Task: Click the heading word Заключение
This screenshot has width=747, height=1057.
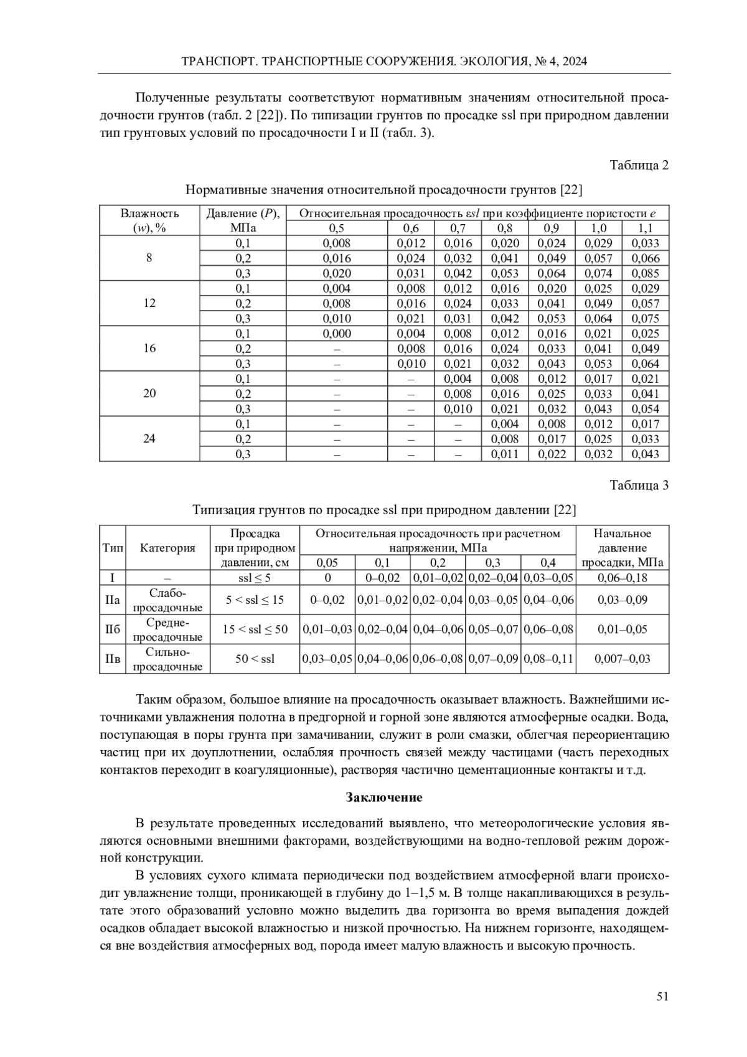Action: (x=384, y=797)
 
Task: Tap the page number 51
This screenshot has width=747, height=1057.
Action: (x=662, y=997)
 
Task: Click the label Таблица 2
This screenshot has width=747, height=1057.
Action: (x=639, y=166)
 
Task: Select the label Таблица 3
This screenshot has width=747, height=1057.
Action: (x=639, y=486)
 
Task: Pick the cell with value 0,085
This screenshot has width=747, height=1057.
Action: (x=646, y=273)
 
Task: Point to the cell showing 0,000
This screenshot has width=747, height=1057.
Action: (x=337, y=334)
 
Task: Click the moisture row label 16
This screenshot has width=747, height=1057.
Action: (x=149, y=349)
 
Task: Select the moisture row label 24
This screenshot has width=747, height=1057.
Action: (x=149, y=439)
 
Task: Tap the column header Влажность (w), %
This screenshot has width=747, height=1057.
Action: (x=149, y=220)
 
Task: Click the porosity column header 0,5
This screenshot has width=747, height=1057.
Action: (x=337, y=228)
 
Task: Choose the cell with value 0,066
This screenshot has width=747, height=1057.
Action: (x=646, y=258)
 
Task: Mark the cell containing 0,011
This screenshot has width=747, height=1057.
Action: (x=505, y=454)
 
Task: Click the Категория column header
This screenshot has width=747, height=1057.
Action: (x=168, y=548)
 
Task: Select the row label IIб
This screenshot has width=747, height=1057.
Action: (x=113, y=629)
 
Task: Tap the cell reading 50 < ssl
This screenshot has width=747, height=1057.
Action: (x=255, y=659)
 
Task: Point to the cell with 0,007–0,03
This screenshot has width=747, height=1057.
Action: (x=622, y=659)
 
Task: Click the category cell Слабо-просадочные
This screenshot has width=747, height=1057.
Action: (x=168, y=600)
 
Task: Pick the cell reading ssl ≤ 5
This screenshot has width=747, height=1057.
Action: (x=255, y=578)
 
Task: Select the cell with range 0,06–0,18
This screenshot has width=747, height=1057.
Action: (x=622, y=578)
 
